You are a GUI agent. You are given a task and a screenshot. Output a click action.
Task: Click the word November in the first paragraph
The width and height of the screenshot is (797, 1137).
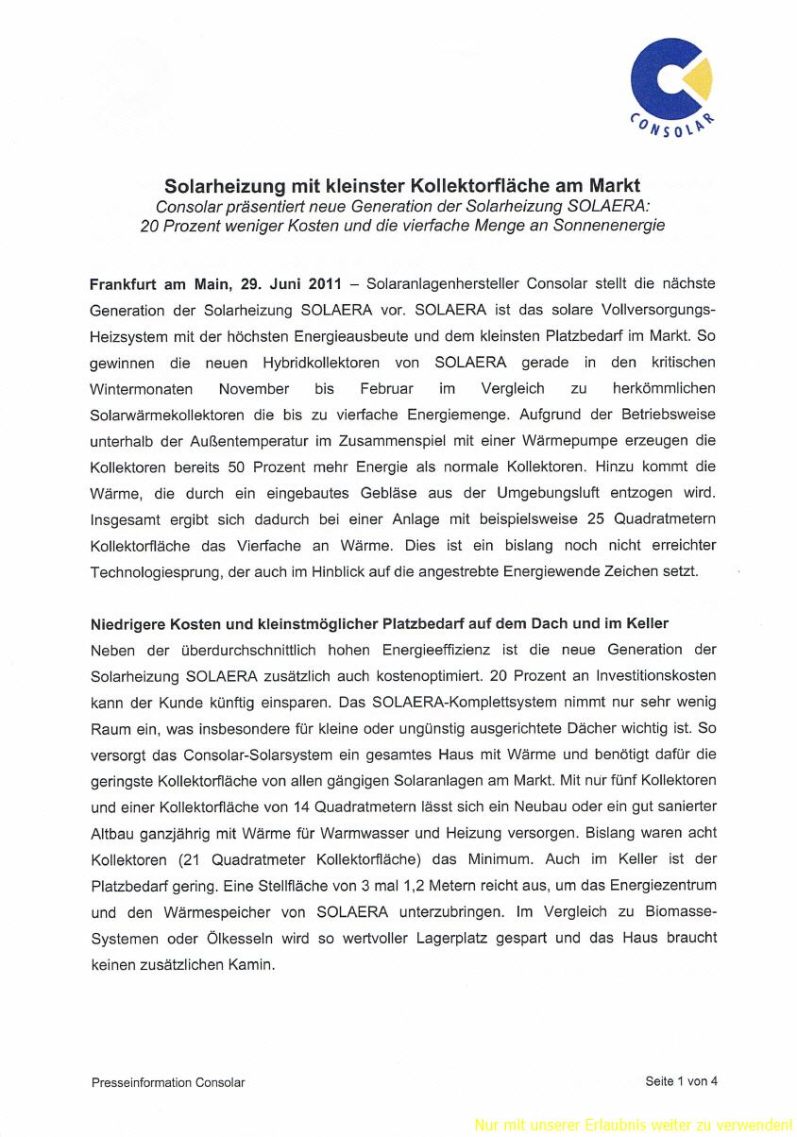[254, 389]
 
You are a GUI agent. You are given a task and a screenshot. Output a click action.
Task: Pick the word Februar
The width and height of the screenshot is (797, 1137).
[386, 389]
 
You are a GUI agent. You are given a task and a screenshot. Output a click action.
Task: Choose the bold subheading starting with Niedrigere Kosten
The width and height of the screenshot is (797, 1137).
[379, 624]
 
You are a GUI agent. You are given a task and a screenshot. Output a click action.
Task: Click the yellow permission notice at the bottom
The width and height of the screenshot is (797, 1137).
[633, 1125]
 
